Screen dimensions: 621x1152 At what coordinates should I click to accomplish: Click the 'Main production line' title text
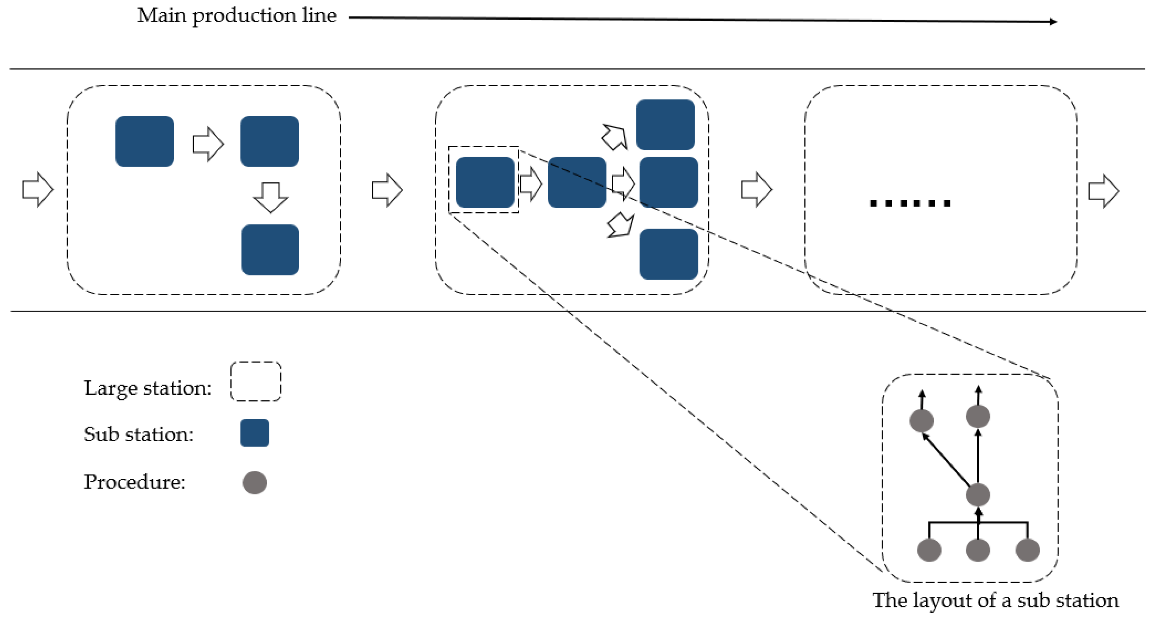tap(236, 16)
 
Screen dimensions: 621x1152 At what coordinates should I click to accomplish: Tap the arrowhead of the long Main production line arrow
tap(1053, 22)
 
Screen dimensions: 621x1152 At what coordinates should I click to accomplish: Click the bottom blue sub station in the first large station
tap(270, 250)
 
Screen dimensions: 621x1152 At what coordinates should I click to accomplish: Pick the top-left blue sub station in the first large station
tap(145, 142)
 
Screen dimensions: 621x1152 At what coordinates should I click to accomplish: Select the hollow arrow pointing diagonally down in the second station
tap(621, 225)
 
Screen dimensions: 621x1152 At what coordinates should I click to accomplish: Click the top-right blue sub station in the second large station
tap(665, 125)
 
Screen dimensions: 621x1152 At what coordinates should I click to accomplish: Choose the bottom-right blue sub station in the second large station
tap(669, 254)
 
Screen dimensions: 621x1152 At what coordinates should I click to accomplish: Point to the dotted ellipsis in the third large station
tap(910, 204)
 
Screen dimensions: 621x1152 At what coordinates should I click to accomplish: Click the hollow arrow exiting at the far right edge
tap(1103, 191)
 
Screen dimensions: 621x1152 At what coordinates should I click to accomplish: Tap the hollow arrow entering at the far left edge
tap(38, 189)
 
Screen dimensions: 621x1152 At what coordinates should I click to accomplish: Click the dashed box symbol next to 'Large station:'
tap(256, 381)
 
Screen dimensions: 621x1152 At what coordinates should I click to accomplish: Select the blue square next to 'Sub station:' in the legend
tap(255, 433)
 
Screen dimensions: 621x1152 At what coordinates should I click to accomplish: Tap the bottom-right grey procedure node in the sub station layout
tap(1027, 550)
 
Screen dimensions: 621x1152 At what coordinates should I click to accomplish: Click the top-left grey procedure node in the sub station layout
tap(922, 420)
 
